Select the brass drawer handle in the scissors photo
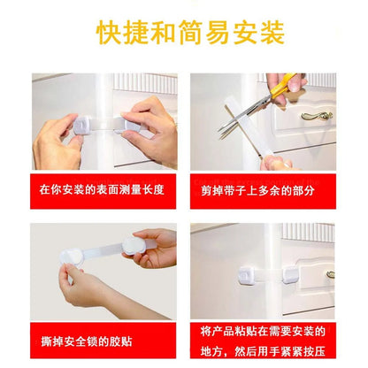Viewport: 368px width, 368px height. [315, 114]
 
